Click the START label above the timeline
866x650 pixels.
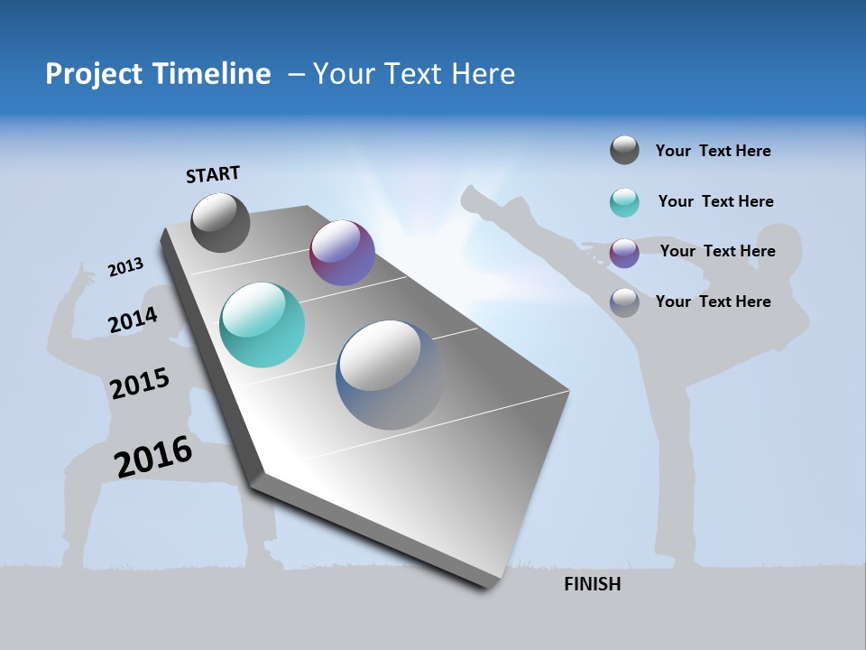pos(213,174)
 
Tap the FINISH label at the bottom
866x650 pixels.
pos(592,584)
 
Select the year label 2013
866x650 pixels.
pos(126,267)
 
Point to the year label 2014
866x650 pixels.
pos(134,320)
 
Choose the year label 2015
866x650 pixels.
pos(140,384)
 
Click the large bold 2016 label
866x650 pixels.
pos(153,457)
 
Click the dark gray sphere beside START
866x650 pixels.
pos(221,222)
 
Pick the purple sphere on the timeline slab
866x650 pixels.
pos(342,253)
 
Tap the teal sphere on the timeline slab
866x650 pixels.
pos(262,325)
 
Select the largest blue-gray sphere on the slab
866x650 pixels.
pos(391,375)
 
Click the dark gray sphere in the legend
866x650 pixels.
pos(624,151)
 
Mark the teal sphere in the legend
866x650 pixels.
pos(624,202)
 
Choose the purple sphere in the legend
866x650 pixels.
pos(624,252)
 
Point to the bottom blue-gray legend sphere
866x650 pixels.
pos(624,302)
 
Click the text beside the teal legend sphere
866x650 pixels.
pos(715,201)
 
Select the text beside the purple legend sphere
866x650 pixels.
pos(717,251)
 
